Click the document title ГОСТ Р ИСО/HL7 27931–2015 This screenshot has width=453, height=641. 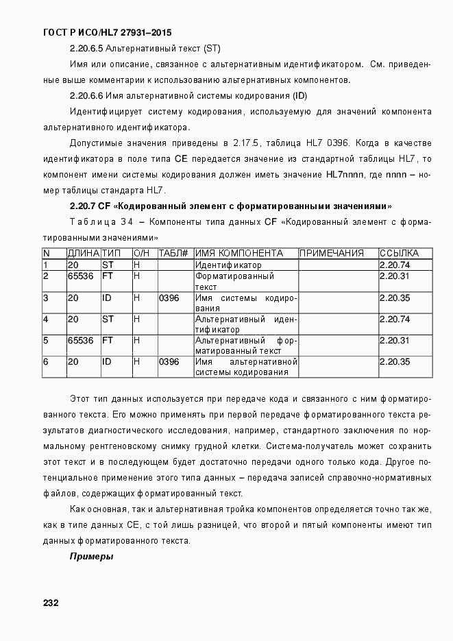(108, 32)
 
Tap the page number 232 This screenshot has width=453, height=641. (51, 603)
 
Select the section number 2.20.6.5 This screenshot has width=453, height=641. (86, 49)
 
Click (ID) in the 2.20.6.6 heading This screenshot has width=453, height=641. (299, 96)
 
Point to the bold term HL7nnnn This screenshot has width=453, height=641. (346, 175)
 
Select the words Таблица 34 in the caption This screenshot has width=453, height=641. (101, 222)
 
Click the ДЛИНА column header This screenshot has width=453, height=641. (82, 254)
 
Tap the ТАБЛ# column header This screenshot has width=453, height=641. (173, 254)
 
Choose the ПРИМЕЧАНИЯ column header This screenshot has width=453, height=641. (332, 254)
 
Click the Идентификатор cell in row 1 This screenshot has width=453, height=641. (228, 265)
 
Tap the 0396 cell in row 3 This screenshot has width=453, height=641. (169, 298)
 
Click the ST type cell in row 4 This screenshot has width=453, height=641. (108, 319)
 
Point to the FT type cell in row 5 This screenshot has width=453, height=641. (108, 341)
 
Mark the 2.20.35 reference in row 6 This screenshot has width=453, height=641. (395, 362)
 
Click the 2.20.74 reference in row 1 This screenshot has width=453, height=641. (395, 265)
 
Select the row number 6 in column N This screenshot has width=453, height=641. (46, 362)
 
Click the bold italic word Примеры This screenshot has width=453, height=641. (91, 557)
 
